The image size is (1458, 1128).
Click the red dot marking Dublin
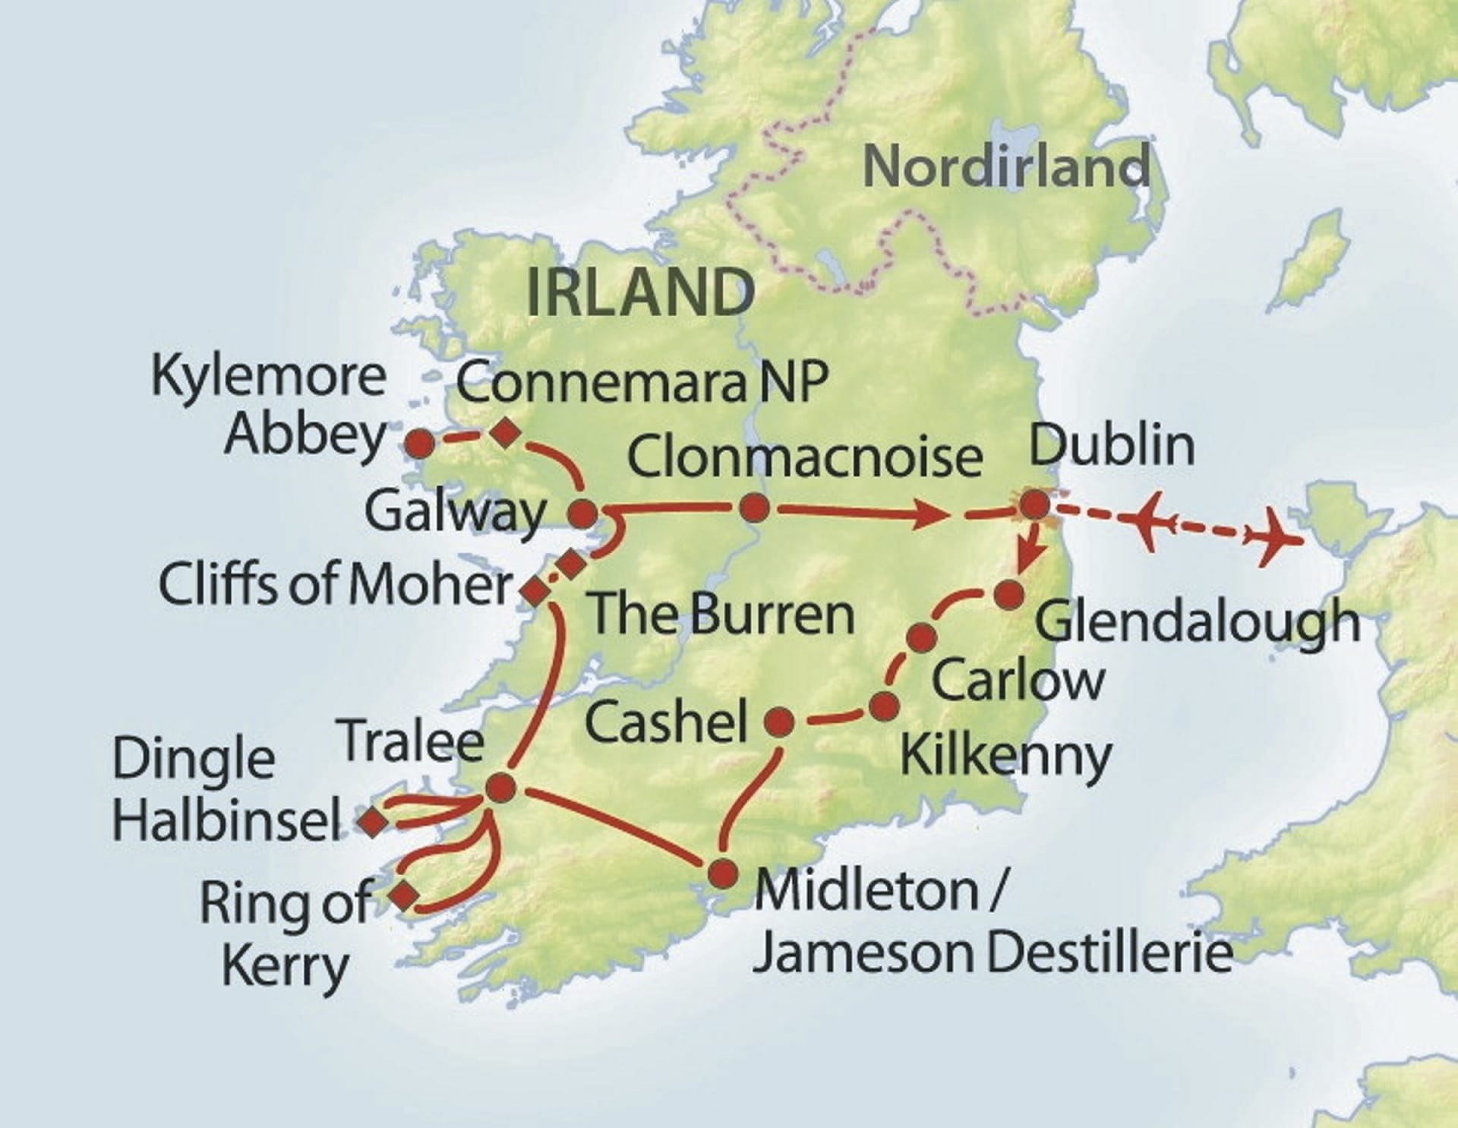tap(1034, 505)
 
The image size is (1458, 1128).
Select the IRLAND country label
tap(640, 292)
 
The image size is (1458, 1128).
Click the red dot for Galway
tap(584, 514)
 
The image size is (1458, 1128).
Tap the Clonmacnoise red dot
tap(753, 508)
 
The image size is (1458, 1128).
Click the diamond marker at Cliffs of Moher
tap(535, 590)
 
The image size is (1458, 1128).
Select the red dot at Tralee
tap(500, 788)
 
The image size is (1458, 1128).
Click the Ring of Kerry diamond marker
tap(403, 895)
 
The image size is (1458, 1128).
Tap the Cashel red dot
tap(780, 722)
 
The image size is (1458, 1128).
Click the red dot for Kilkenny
tap(884, 706)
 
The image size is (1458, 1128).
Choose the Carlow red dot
tap(921, 637)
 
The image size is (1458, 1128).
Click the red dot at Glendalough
tap(1009, 596)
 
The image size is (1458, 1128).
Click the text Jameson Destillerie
tap(992, 954)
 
